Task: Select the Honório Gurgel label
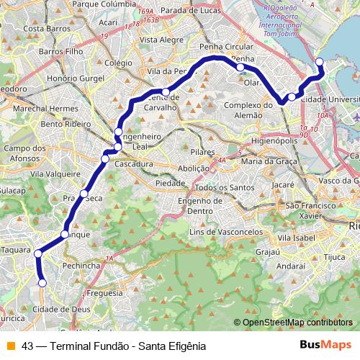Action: click(x=71, y=77)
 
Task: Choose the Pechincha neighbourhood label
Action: click(x=81, y=266)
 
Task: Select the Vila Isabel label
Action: click(x=297, y=237)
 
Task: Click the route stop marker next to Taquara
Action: click(x=37, y=252)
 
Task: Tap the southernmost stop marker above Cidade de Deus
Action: click(x=42, y=284)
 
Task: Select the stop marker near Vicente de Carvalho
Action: click(x=166, y=92)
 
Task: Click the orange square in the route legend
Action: click(x=11, y=346)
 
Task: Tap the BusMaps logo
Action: click(x=325, y=345)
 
